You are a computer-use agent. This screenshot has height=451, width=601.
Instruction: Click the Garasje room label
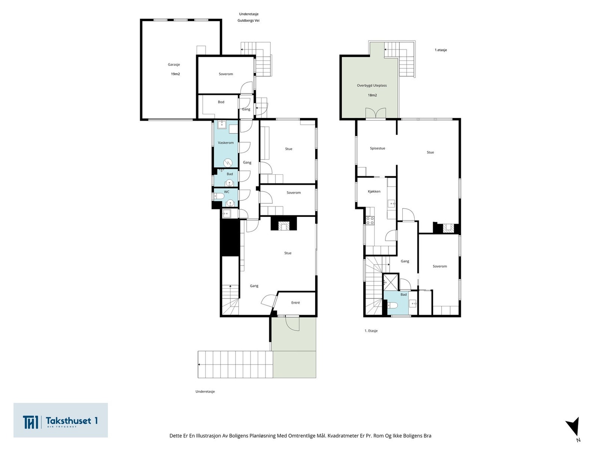click(174, 65)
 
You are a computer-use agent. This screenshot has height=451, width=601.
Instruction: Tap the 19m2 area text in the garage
click(175, 74)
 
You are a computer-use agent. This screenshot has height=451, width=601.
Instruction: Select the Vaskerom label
click(226, 143)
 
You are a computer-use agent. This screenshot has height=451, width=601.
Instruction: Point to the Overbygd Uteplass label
click(371, 85)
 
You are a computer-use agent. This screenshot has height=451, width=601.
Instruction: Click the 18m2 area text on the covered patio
click(372, 95)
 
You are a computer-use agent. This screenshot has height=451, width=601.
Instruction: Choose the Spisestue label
click(377, 148)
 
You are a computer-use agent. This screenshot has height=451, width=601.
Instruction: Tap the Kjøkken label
click(374, 191)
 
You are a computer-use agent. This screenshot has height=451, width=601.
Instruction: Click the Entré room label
click(296, 303)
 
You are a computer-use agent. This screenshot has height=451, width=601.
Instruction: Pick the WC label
click(227, 192)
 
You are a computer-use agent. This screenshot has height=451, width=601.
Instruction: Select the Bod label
click(221, 102)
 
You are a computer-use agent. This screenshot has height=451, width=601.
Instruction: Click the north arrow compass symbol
click(574, 427)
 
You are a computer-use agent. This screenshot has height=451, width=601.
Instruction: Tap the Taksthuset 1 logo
click(60, 420)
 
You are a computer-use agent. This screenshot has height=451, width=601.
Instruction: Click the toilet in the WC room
click(219, 196)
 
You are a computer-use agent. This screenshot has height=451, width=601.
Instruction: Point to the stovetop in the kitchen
click(370, 221)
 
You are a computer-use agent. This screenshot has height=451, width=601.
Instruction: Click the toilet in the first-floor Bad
click(392, 305)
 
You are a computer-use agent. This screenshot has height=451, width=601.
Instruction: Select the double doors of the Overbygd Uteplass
click(376, 114)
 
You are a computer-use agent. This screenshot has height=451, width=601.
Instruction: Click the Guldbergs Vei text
click(248, 21)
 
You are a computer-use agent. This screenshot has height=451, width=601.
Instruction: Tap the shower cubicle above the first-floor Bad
click(390, 282)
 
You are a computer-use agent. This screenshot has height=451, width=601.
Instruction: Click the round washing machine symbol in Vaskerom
click(228, 163)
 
